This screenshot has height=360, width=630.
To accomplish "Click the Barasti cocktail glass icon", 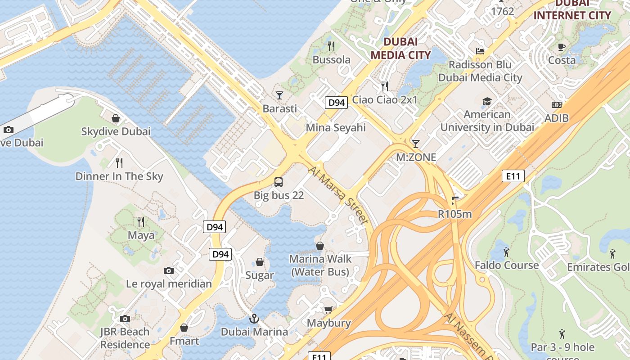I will (x=279, y=95).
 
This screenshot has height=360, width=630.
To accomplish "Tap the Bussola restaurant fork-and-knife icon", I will (x=331, y=46).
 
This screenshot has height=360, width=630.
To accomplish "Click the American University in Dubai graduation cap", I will (x=487, y=101).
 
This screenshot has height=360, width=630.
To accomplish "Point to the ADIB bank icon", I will (x=557, y=105).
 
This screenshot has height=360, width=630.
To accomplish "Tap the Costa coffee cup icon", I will (x=562, y=47).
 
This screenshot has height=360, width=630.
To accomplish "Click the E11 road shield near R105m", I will (x=513, y=176).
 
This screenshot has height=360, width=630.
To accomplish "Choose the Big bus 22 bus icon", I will (x=279, y=182).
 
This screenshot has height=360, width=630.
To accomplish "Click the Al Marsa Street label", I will (x=339, y=194).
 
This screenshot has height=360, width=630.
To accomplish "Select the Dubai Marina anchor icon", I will (x=254, y=319).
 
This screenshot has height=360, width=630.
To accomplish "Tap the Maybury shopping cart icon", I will (x=328, y=310).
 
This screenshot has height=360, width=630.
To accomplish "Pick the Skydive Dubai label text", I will (x=116, y=131).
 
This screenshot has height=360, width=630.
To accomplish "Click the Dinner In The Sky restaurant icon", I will (x=119, y=162).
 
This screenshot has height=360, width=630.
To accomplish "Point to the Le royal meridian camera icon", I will (x=169, y=270).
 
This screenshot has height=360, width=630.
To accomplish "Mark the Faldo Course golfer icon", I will (x=506, y=252).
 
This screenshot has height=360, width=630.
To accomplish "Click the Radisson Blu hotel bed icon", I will (x=480, y=51).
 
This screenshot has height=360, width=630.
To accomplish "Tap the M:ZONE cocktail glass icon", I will (x=416, y=144).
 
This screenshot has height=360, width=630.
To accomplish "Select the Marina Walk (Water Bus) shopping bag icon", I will (x=319, y=246).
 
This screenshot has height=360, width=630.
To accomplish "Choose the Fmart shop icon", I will (x=184, y=328).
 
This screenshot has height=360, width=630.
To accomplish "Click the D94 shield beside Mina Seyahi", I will (x=336, y=103).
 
